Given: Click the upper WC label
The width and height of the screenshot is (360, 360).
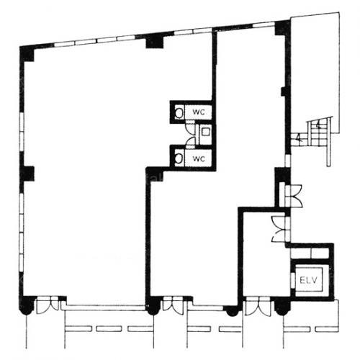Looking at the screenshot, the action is click(199, 112).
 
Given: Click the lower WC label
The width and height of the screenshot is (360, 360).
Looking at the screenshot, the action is click(199, 158).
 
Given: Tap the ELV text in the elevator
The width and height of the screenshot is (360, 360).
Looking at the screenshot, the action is click(309, 280).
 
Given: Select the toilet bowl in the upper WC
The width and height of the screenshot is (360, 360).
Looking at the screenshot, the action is click(179, 113).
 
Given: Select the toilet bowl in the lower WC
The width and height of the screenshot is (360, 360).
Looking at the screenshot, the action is click(179, 158).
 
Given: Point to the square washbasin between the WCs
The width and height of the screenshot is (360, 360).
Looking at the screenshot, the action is click(206, 132).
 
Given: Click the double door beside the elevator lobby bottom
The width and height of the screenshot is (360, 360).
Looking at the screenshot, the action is click(258, 306).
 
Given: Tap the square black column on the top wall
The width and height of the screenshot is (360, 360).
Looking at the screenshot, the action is click(155, 41).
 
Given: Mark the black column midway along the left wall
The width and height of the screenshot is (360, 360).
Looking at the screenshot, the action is click(27, 174).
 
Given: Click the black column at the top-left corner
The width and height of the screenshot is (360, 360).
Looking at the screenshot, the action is click(27, 54).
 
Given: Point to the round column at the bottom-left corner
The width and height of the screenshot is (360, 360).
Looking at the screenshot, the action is click(27, 305).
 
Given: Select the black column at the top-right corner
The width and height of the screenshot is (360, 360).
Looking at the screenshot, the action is click(282, 28).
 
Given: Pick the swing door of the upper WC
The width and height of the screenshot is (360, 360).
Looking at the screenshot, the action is click(191, 127).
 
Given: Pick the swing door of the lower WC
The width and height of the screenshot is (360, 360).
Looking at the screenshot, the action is click(191, 142).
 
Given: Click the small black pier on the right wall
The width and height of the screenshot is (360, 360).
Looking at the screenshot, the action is click(284, 91).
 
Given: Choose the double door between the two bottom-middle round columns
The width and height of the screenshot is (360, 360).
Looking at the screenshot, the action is click(173, 305).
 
